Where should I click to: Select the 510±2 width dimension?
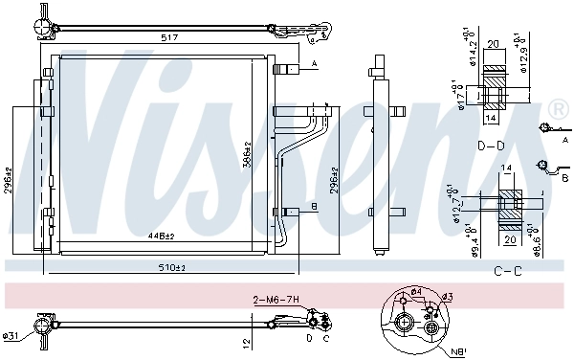[x=173, y=267]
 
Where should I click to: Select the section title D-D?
[x=491, y=146]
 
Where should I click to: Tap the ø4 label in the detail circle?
[x=417, y=292]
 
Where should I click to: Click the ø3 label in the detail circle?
[x=448, y=298]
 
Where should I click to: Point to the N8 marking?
[x=460, y=350]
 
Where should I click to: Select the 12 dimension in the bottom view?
[x=246, y=342]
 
